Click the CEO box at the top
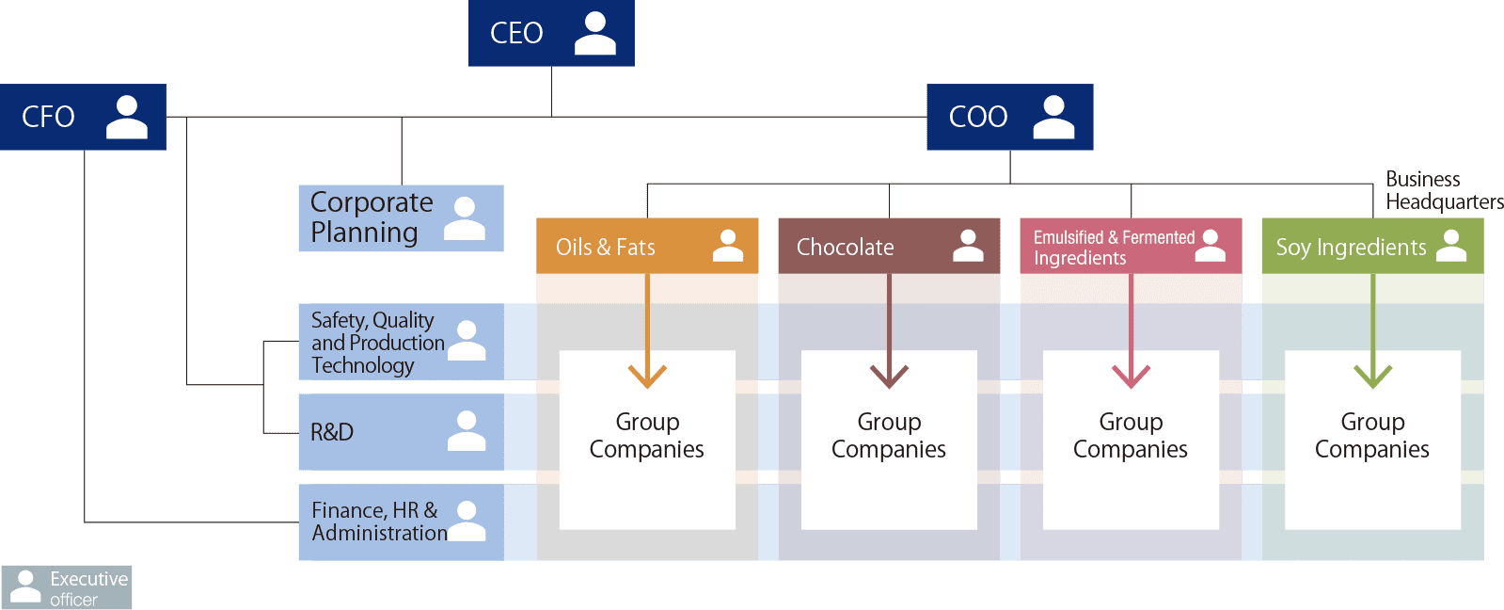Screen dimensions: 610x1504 point(551,33)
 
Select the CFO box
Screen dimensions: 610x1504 point(83,117)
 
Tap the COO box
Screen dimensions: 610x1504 point(1009,117)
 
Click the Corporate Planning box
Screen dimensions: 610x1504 point(401,218)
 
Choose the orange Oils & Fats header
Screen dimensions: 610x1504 point(647,247)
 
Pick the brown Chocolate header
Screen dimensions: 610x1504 point(889,247)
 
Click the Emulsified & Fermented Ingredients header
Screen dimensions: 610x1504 point(1131,247)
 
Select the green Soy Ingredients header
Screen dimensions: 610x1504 point(1372,247)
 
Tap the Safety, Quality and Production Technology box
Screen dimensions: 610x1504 point(401,342)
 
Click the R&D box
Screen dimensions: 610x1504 point(401,432)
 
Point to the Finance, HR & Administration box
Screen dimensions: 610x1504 point(401,522)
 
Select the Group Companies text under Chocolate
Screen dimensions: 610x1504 point(889,436)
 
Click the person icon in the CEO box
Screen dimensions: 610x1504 point(594,33)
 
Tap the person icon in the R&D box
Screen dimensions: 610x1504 point(467,431)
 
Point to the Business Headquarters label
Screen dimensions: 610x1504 point(1443,190)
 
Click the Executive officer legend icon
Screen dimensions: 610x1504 point(25,586)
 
